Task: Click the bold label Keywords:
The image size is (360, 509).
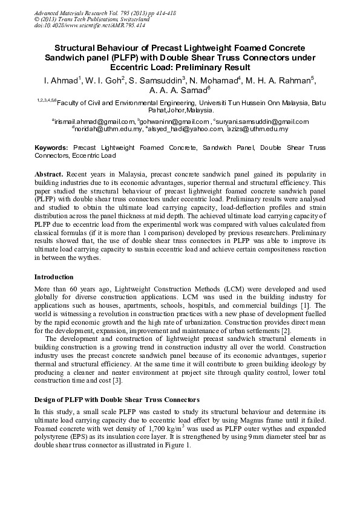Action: (51, 148)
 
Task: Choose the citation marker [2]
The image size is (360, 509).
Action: (286, 330)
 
